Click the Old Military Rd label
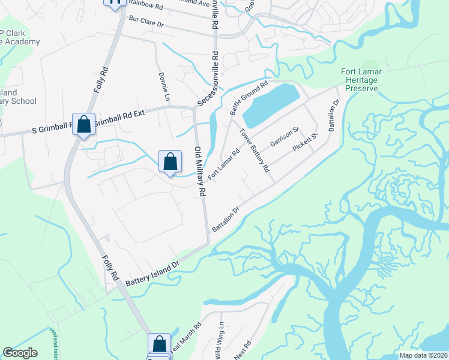(x=199, y=171)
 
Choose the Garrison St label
(x=284, y=137)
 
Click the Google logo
(x=20, y=353)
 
